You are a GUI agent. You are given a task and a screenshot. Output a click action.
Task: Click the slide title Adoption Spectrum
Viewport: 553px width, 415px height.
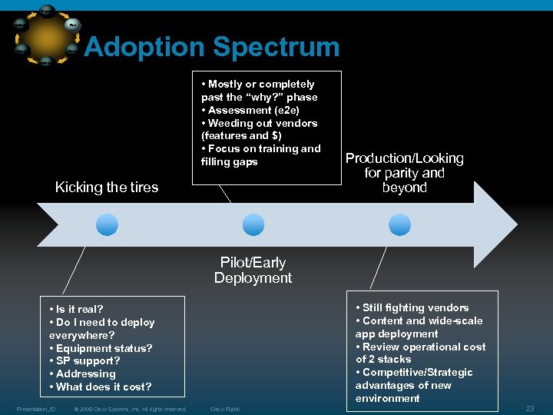tap(211, 48)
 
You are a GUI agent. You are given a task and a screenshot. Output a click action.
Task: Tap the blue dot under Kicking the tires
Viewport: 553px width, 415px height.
tap(107, 224)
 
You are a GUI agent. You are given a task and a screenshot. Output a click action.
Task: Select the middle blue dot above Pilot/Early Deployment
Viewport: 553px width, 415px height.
tap(253, 224)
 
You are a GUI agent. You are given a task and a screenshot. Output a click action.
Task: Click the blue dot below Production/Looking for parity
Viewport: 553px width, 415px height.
tap(399, 224)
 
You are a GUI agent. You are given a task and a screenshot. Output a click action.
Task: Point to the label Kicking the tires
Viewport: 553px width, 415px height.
tap(107, 188)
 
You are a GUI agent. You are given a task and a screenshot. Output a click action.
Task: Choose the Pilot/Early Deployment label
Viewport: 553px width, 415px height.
tap(253, 271)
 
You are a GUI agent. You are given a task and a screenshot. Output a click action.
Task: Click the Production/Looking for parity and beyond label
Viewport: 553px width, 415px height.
tap(404, 173)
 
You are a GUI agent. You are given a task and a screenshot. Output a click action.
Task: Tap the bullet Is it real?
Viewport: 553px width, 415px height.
tap(78, 310)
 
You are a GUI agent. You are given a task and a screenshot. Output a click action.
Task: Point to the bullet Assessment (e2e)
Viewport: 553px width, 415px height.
tap(251, 110)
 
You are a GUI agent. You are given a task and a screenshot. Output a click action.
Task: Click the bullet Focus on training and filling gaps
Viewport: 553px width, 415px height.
tap(261, 155)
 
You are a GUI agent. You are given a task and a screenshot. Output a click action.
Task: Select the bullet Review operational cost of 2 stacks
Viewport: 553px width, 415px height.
tap(421, 353)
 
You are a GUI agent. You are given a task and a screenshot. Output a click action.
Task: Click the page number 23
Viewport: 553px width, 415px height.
tap(529, 408)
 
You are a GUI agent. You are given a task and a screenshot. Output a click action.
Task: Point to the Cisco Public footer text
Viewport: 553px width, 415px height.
tap(225, 409)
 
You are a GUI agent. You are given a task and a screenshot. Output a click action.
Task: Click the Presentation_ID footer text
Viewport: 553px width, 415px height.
tap(35, 409)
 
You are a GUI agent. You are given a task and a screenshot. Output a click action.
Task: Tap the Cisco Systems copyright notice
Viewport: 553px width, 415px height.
tap(131, 409)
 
